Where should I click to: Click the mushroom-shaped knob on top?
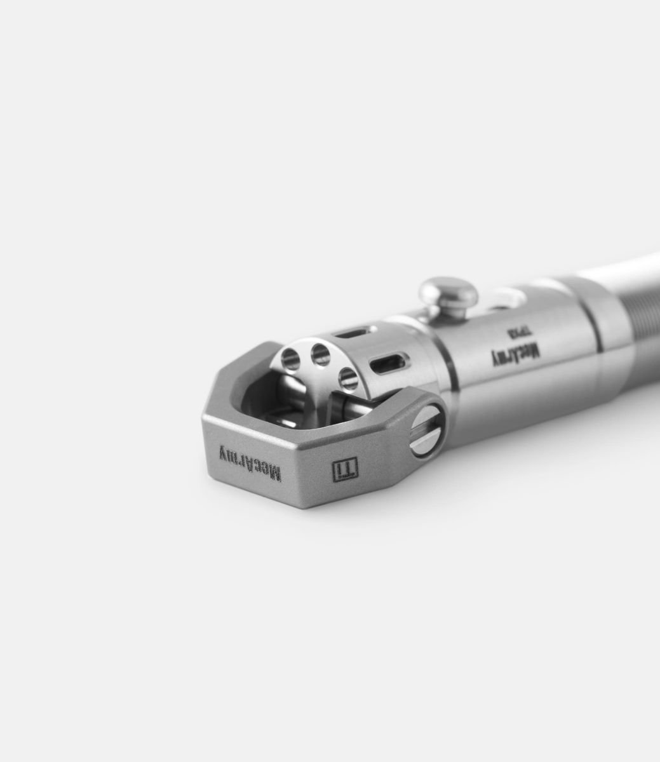(448, 292)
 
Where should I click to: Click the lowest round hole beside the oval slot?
(348, 378)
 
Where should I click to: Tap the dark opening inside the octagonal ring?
(267, 406)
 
